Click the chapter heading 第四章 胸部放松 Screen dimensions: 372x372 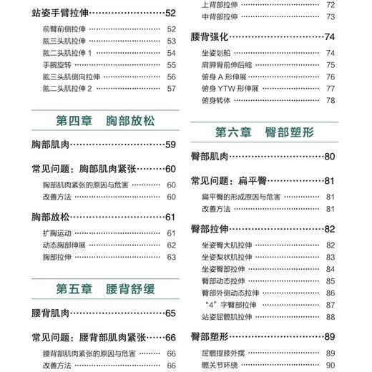point(104,119)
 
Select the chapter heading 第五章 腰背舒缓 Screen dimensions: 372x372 point(104,288)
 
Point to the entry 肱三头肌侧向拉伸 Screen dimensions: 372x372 point(74,77)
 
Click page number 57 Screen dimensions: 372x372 point(171,89)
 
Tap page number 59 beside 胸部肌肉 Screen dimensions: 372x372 point(170,145)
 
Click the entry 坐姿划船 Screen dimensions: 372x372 point(217,53)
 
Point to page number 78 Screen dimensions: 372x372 point(331,100)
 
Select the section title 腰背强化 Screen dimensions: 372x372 point(211,36)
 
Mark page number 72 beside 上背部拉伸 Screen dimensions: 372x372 point(331,5)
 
